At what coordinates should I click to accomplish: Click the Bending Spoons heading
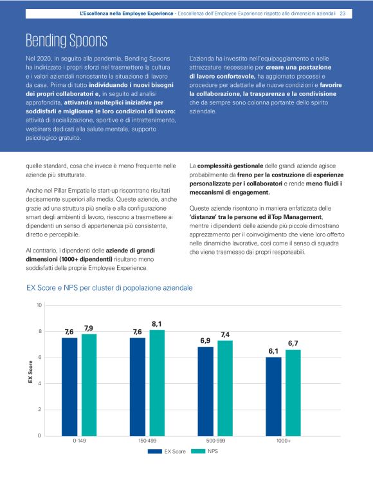(66, 41)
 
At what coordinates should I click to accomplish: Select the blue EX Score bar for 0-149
(69, 387)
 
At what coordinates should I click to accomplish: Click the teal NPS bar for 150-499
(157, 383)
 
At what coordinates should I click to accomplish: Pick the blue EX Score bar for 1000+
(273, 396)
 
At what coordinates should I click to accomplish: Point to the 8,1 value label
(157, 323)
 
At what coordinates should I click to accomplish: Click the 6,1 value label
(273, 351)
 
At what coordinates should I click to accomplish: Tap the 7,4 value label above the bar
(225, 334)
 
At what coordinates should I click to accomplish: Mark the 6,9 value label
(205, 340)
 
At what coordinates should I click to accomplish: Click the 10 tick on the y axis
(39, 305)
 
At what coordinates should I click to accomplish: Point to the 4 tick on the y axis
(41, 384)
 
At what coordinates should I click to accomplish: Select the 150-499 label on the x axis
(147, 442)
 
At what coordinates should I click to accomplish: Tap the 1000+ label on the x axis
(283, 442)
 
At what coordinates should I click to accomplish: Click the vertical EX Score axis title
(30, 372)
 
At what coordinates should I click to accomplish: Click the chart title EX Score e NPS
(109, 287)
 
